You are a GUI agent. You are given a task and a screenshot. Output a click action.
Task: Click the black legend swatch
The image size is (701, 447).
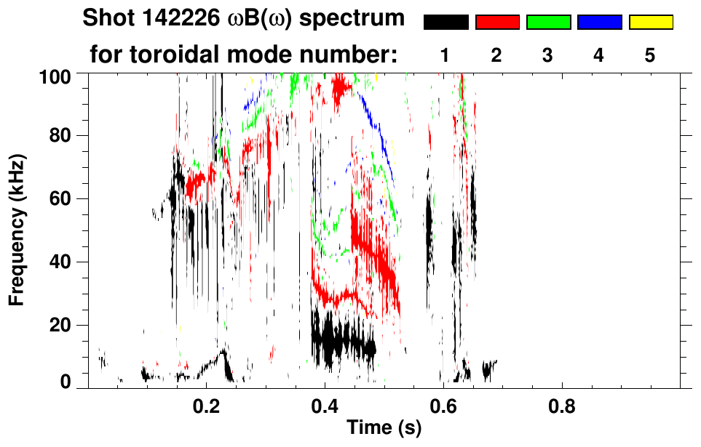pos(445,23)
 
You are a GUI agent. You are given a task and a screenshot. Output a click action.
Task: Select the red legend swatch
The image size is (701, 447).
pos(497,23)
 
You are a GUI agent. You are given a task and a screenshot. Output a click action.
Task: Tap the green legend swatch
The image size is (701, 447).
pos(548,23)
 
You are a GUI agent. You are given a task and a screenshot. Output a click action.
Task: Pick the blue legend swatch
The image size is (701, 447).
pos(599,23)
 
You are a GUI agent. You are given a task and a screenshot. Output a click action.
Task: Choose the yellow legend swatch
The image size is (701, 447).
pos(650,23)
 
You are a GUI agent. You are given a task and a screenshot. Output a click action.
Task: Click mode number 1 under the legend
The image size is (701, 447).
pos(445,55)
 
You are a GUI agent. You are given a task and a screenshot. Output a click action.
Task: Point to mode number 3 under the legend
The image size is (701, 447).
pos(548,55)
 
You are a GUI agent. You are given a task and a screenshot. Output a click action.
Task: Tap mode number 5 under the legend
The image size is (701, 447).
pos(650,55)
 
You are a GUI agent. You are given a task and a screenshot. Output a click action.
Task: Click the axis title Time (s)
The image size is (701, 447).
pos(384,428)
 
